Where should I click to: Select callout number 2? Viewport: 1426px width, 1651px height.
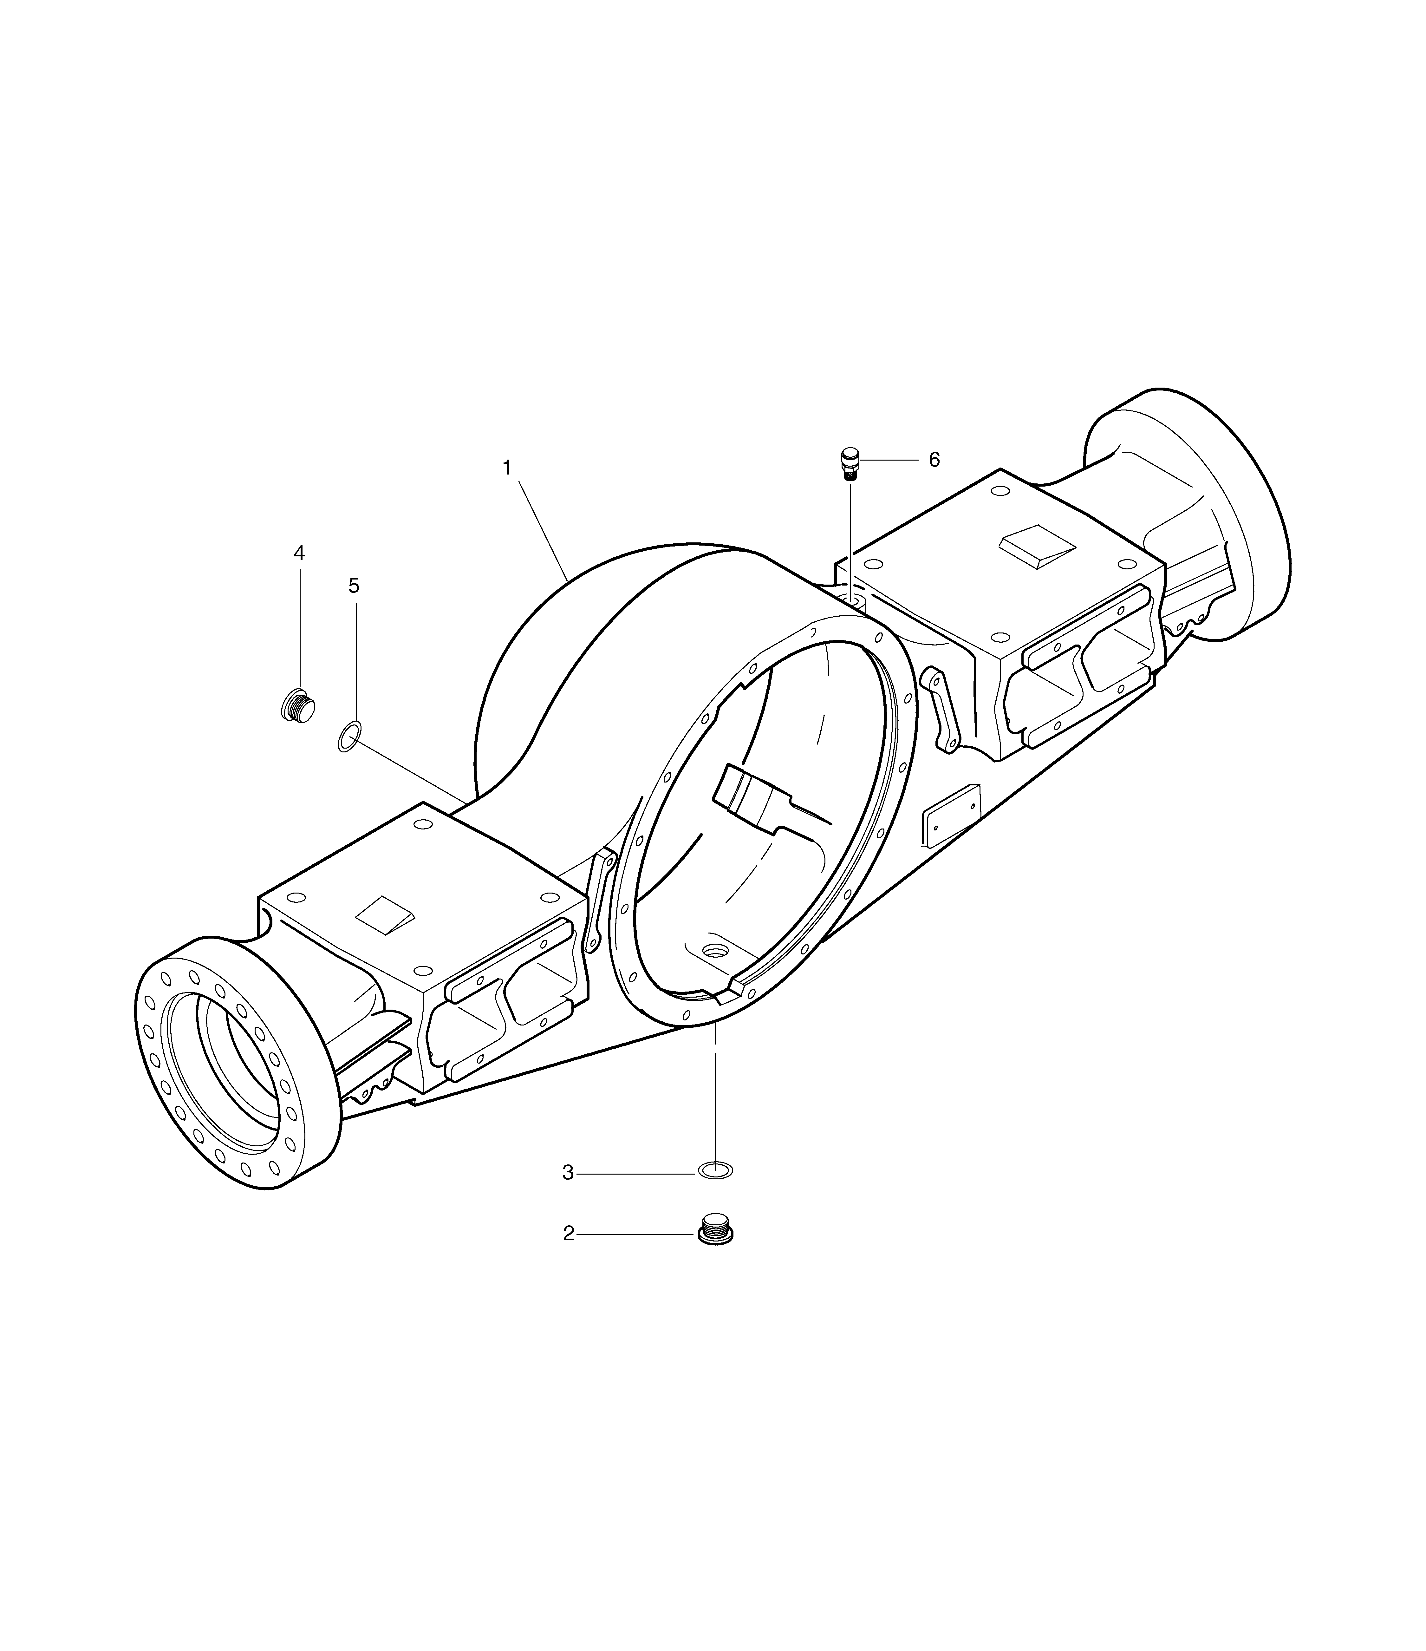tap(568, 1234)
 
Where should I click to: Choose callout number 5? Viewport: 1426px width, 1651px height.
tap(354, 586)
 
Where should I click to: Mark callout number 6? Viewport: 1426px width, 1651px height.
tap(934, 460)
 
